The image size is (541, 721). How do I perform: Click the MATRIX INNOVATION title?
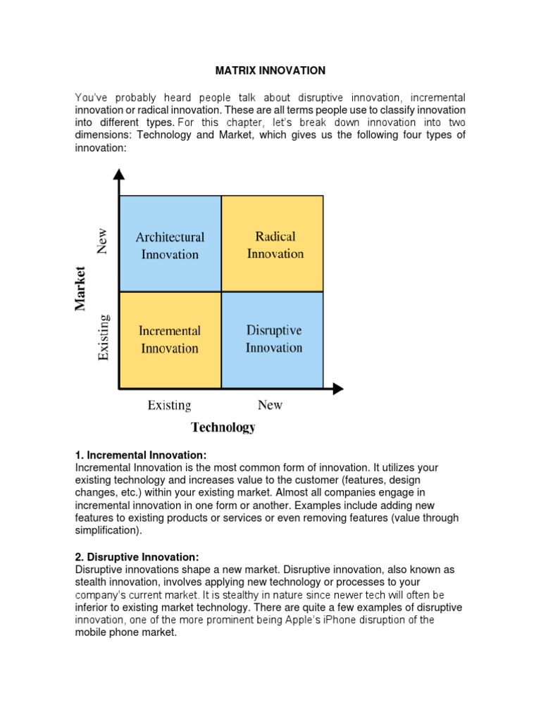click(x=270, y=70)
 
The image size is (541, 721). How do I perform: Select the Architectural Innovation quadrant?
click(x=170, y=244)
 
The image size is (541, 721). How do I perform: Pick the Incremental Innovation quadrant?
click(x=170, y=339)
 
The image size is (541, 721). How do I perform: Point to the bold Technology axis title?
click(x=223, y=427)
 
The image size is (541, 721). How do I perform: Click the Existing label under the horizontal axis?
click(x=169, y=405)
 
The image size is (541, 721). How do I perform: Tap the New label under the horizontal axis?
click(x=270, y=405)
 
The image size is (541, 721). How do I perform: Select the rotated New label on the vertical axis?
click(x=103, y=242)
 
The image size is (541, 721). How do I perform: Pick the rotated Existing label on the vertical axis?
click(x=103, y=338)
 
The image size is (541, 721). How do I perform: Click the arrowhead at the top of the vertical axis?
click(x=119, y=175)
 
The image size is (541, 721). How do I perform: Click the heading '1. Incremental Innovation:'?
click(x=141, y=456)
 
